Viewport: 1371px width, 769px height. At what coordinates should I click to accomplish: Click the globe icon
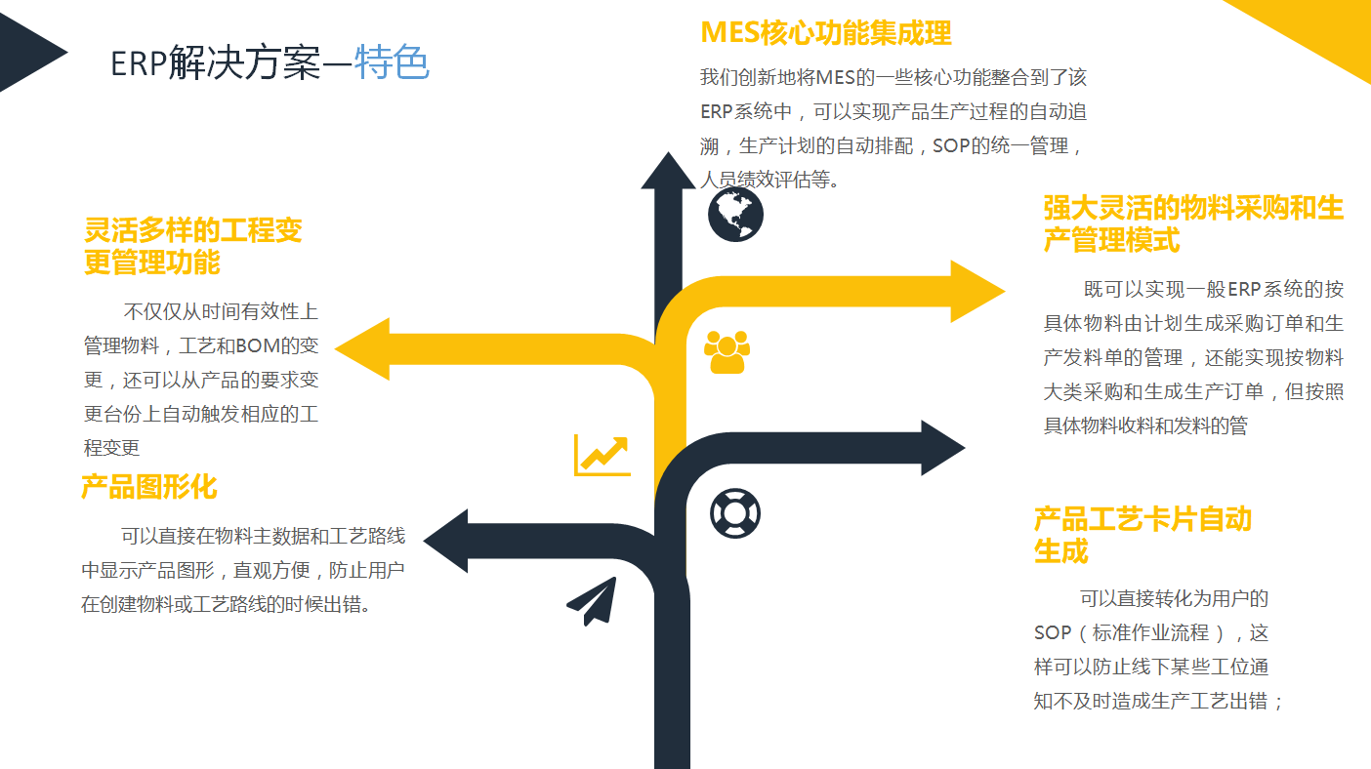pyautogui.click(x=735, y=215)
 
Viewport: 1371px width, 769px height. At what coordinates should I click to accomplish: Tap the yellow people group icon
pyautogui.click(x=727, y=351)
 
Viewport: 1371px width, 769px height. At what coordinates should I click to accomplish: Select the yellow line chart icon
pyautogui.click(x=602, y=455)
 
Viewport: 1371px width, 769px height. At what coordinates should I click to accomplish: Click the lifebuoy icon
pyautogui.click(x=734, y=512)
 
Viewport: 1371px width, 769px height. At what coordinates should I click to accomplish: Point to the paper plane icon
pyautogui.click(x=594, y=600)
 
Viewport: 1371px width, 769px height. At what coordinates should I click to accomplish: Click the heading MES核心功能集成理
pyautogui.click(x=826, y=33)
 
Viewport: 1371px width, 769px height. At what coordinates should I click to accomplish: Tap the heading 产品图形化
pyautogui.click(x=148, y=486)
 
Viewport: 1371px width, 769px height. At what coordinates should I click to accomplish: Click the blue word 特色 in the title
pyautogui.click(x=392, y=63)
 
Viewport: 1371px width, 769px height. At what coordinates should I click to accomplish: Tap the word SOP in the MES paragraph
pyautogui.click(x=952, y=146)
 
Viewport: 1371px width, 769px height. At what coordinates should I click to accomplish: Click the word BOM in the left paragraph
pyautogui.click(x=258, y=345)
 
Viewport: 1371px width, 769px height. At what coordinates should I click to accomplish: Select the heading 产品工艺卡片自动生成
pyautogui.click(x=1142, y=535)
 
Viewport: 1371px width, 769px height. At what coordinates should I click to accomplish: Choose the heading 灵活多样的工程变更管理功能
pyautogui.click(x=193, y=246)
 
